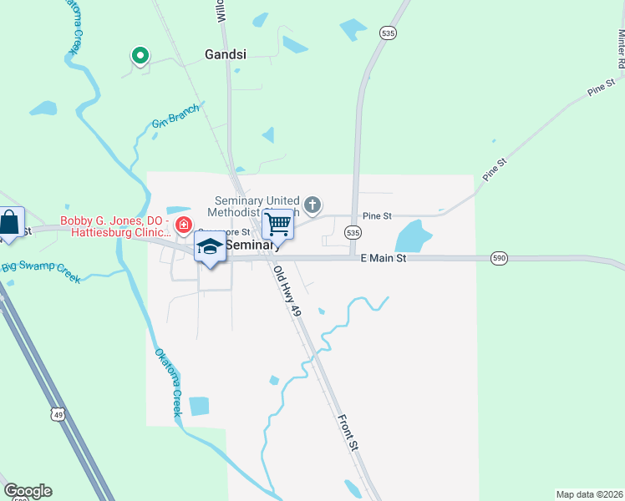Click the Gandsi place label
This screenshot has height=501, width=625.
coord(226,54)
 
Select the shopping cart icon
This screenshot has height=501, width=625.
coord(277,224)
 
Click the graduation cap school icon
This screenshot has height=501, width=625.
coord(210,246)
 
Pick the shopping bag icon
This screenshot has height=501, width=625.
coord(9,223)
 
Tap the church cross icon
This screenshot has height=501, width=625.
coord(312,205)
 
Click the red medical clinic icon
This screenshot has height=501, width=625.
coord(182,225)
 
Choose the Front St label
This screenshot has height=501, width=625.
coord(348,433)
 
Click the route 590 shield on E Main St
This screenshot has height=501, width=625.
coord(499,260)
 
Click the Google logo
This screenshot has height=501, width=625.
coord(28,491)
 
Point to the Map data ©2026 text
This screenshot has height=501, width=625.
coord(589,493)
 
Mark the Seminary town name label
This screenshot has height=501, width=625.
coord(252,245)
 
